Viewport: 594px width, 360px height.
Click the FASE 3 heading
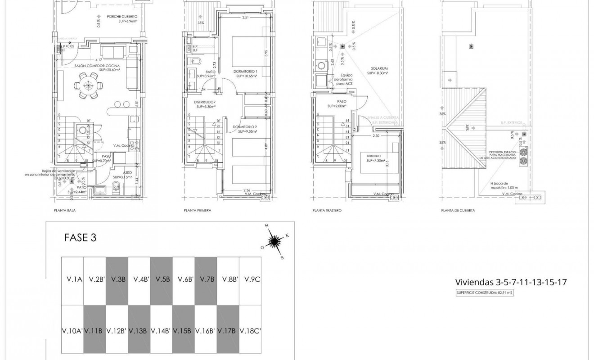click(x=81, y=238)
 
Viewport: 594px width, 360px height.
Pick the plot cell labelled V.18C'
click(x=250, y=330)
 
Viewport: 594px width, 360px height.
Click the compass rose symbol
click(x=273, y=242)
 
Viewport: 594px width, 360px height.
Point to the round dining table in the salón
click(x=88, y=85)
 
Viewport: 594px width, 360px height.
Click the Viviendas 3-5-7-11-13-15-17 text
click(x=510, y=283)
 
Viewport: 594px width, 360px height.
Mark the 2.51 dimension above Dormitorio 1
click(x=245, y=18)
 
